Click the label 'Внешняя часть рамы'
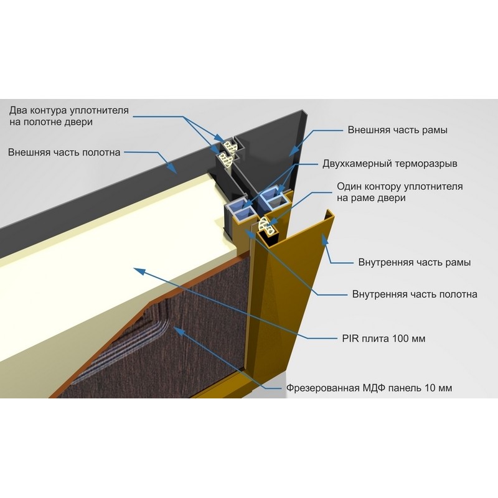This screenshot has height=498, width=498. (x=397, y=130)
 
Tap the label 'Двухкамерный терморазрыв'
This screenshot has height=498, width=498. (x=390, y=164)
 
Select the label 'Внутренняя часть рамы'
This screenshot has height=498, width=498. (x=415, y=262)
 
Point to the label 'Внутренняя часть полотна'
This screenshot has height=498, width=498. (x=415, y=294)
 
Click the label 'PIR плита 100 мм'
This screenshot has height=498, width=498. (x=383, y=339)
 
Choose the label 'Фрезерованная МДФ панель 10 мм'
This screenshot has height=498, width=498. (x=369, y=388)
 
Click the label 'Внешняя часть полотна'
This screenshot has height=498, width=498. (x=64, y=152)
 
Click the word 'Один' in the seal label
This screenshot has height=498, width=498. (x=349, y=186)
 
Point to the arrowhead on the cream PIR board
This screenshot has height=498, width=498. (x=139, y=271)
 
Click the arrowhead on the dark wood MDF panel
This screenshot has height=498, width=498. (x=179, y=331)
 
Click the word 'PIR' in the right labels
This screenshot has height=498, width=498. (x=350, y=339)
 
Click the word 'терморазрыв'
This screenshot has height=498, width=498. (x=426, y=164)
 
